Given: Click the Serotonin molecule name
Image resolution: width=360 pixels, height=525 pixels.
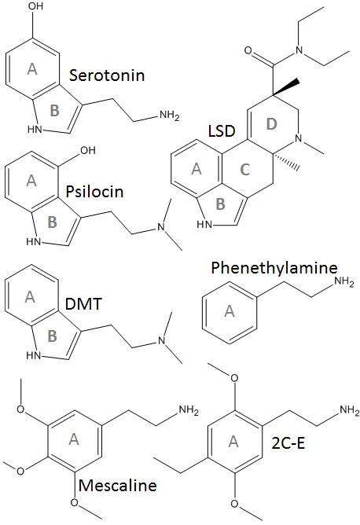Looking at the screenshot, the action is (x=107, y=75).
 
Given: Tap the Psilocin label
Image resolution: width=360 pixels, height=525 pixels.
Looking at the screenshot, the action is (x=95, y=192).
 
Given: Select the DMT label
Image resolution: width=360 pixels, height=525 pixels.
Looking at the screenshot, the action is (x=83, y=303).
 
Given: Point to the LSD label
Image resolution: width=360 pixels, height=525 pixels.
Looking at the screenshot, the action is (x=222, y=131).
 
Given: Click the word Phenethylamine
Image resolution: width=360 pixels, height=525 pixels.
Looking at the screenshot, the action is (x=274, y=268).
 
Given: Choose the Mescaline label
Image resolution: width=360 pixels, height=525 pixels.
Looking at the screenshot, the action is (x=118, y=486).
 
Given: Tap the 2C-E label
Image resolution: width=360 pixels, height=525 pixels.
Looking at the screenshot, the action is (x=288, y=443).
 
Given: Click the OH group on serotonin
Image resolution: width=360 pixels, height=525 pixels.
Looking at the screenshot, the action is (x=36, y=6).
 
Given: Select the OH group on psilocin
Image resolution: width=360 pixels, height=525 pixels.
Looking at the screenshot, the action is (x=88, y=150).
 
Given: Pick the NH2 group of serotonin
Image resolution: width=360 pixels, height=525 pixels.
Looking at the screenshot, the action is (x=170, y=116).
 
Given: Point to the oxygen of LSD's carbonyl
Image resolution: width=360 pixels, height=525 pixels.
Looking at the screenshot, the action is (x=248, y=50).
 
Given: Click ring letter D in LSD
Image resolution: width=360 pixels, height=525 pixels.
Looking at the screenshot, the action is (x=272, y=124).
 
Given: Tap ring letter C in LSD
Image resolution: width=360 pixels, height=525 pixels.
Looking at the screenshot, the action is (x=245, y=170).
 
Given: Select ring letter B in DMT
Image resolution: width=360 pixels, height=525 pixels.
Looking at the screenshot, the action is (x=52, y=336).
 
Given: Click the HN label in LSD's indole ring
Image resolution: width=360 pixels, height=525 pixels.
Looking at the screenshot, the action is (x=204, y=224).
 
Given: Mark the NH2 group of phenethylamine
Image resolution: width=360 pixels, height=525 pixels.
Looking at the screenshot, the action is (x=344, y=281).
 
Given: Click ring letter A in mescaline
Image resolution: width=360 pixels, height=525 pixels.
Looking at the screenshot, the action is (x=74, y=439).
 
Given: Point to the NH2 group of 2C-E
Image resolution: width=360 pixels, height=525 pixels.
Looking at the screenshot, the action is (x=350, y=410).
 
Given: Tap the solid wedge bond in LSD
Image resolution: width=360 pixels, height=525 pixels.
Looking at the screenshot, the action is (x=285, y=86).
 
